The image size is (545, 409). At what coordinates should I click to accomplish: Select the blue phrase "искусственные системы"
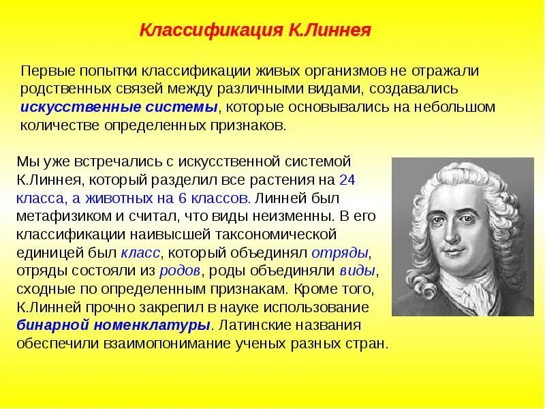pyautogui.click(x=119, y=108)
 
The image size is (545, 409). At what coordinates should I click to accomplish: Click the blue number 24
pyautogui.click(x=347, y=180)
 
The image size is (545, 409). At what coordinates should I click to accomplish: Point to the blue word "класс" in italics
pyautogui.click(x=140, y=254)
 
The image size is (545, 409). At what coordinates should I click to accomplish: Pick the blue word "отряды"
pyautogui.click(x=340, y=254)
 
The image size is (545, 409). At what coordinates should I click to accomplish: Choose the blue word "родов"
pyautogui.click(x=179, y=271)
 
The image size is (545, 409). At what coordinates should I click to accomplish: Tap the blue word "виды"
pyautogui.click(x=357, y=271)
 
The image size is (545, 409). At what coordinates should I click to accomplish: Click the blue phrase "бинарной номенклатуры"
pyautogui.click(x=113, y=325)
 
